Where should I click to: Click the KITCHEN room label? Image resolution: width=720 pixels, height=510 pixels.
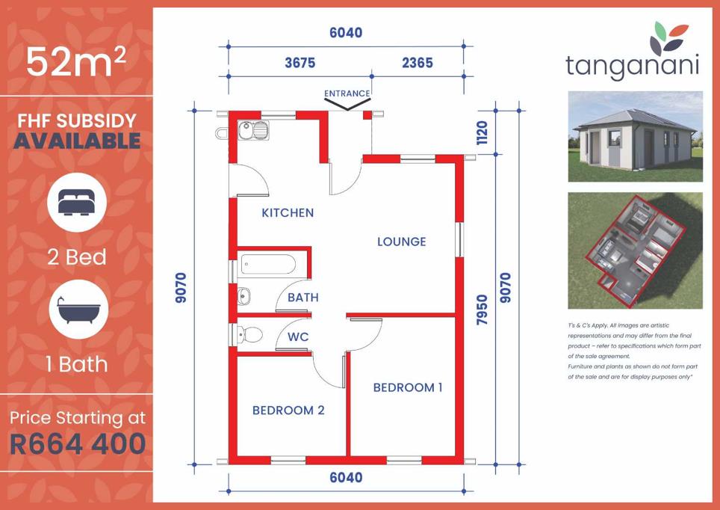(x=288, y=212)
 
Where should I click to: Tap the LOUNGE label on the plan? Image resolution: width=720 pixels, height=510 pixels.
(x=401, y=242)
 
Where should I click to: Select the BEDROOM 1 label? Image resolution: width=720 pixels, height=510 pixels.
(x=408, y=387)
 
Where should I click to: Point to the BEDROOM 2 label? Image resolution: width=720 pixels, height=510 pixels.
(x=288, y=410)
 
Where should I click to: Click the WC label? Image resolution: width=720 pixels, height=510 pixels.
(x=298, y=337)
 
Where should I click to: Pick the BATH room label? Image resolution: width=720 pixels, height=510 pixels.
(x=303, y=298)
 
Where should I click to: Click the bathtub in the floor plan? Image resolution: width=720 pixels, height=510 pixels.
(x=268, y=265)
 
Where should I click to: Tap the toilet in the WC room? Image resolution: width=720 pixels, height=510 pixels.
(x=249, y=334)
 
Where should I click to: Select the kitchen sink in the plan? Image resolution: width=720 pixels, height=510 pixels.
(x=253, y=131)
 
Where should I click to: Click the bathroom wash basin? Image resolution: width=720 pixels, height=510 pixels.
(x=243, y=296)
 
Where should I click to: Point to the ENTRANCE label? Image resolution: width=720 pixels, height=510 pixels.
(x=347, y=93)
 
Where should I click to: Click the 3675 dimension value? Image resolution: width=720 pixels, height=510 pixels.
(x=300, y=63)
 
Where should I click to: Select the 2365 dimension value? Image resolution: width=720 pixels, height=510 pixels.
(x=418, y=63)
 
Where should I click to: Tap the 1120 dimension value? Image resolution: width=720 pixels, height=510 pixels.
(x=482, y=132)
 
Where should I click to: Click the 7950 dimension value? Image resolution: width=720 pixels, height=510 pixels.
(x=482, y=310)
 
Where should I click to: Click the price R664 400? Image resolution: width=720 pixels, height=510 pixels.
(x=78, y=443)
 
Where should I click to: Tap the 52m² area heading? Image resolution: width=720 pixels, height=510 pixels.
(x=75, y=61)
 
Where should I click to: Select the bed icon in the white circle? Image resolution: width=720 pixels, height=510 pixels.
(x=77, y=203)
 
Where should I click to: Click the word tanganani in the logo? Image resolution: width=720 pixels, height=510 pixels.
(x=633, y=66)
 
